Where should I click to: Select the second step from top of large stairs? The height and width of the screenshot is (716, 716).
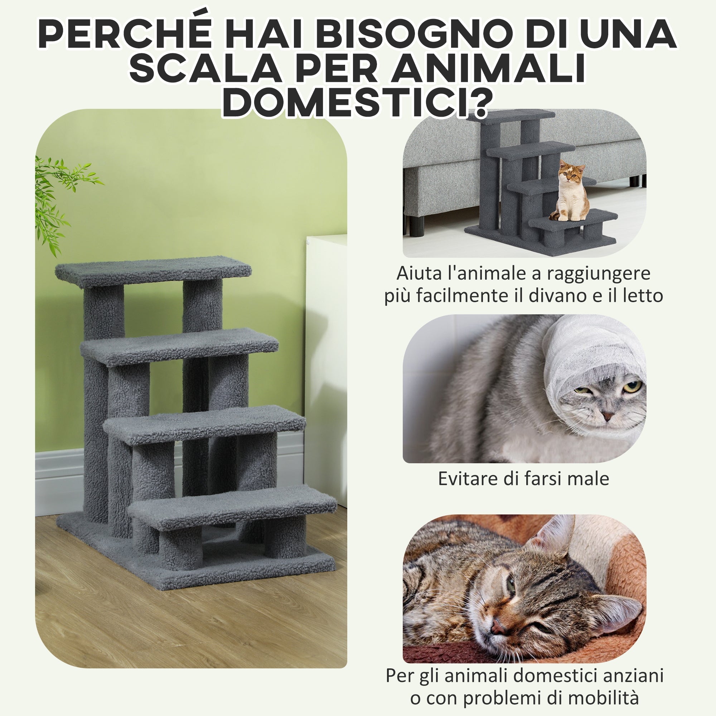click(179, 345)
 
